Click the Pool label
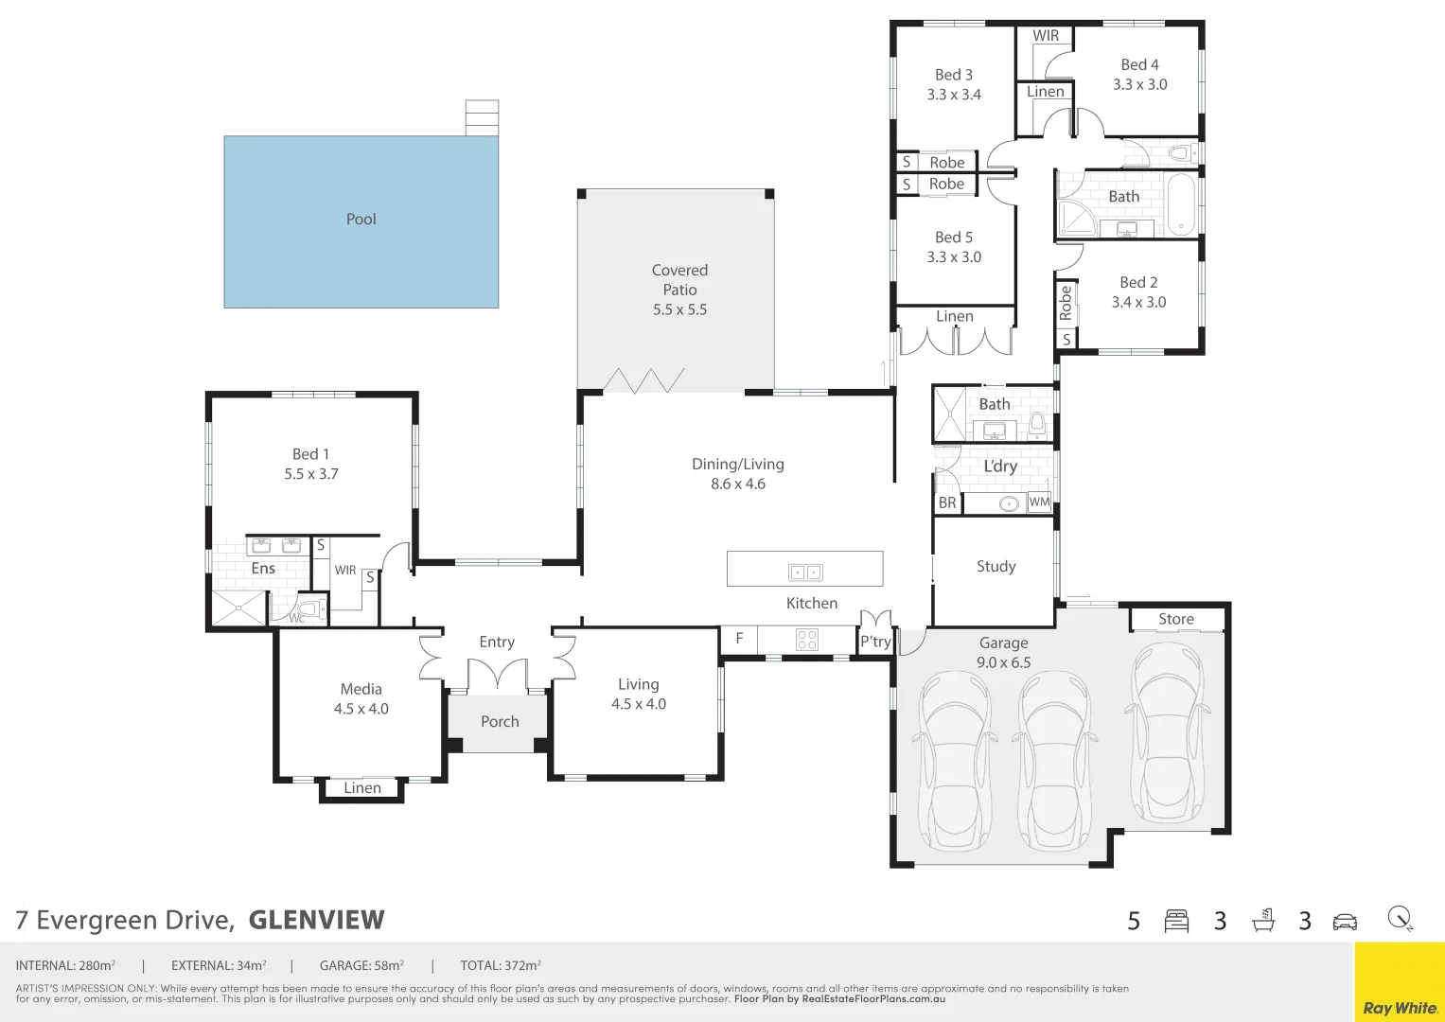[x=361, y=220]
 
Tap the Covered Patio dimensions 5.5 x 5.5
[x=680, y=309]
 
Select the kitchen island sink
[x=805, y=573]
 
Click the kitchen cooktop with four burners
[x=807, y=640]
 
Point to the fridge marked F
[x=739, y=638]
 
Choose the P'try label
[x=875, y=642]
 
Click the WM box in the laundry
[x=1039, y=502]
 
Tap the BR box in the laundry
[x=947, y=502]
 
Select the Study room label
[x=996, y=567]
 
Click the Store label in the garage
[x=1176, y=619]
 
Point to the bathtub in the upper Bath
[x=1181, y=203]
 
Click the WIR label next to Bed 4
[x=1046, y=36]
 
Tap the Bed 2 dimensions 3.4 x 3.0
[x=1138, y=302]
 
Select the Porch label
[x=500, y=721]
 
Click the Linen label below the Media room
[x=361, y=787]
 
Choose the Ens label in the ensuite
[x=263, y=569]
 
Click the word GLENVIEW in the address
[x=317, y=920]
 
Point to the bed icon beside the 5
[x=1176, y=921]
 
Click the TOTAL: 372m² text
[x=501, y=965]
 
